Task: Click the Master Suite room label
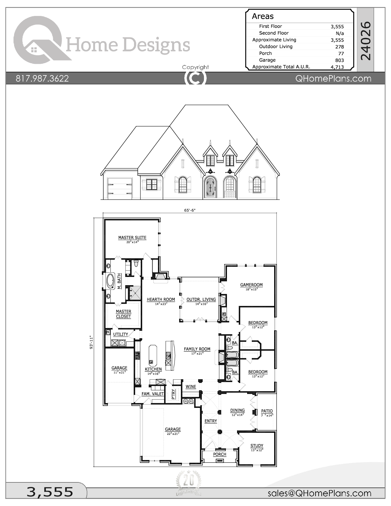(132, 238)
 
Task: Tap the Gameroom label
(251, 285)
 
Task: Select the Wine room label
(191, 387)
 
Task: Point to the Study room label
(257, 446)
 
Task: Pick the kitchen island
(152, 355)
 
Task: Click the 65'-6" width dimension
(190, 210)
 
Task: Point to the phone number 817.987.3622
(42, 79)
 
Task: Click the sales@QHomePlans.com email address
(319, 493)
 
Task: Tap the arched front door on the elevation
(210, 187)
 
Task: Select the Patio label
(267, 411)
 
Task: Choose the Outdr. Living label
(201, 300)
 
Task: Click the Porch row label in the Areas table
(265, 53)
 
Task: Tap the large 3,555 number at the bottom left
(50, 492)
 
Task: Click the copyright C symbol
(195, 78)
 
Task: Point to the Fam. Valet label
(152, 394)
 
